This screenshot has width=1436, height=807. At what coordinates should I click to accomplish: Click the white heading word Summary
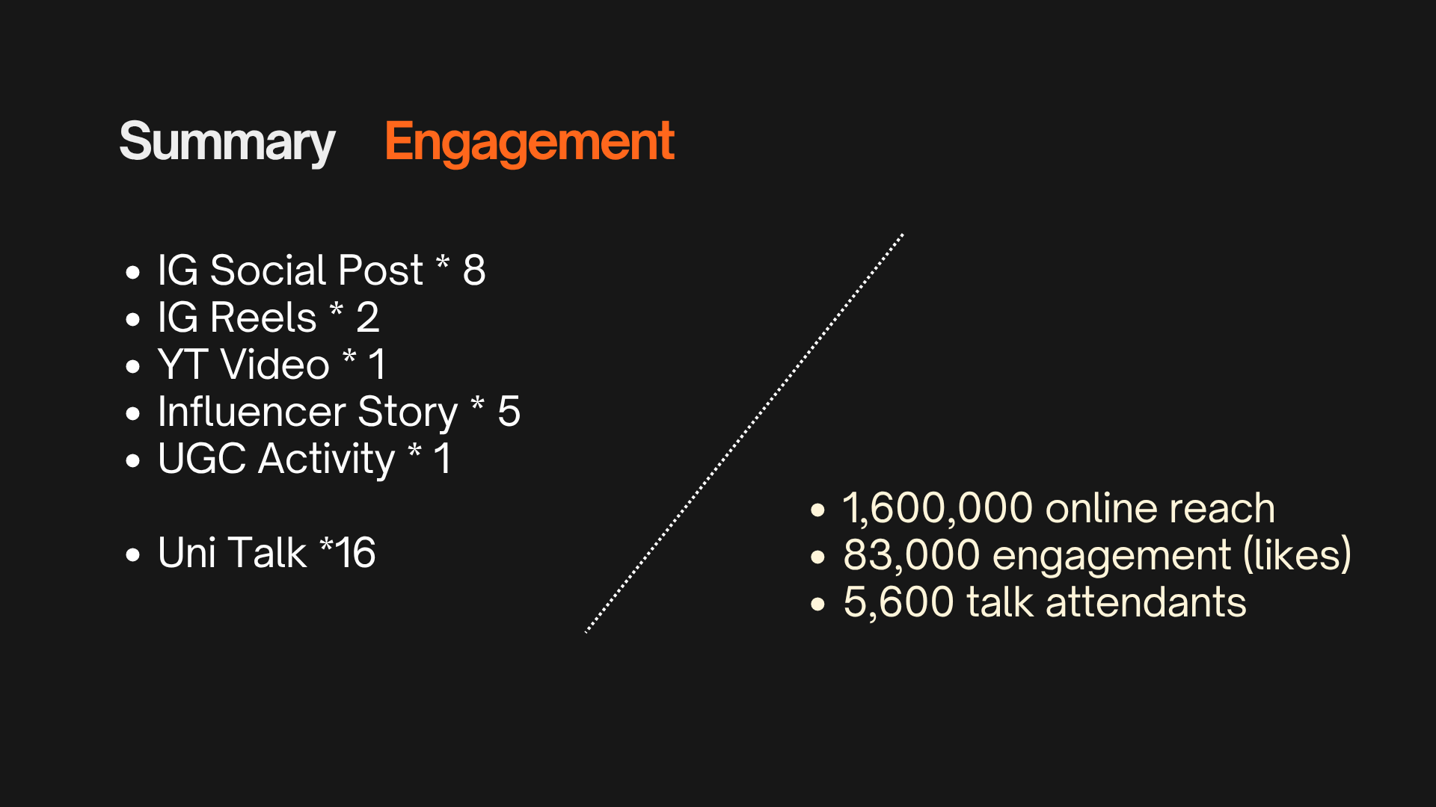(x=227, y=142)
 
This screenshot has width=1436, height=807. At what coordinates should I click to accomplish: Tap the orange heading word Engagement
(x=530, y=142)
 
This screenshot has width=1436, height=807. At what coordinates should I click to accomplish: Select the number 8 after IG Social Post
(x=474, y=270)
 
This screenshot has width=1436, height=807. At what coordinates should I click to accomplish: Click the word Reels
(x=263, y=317)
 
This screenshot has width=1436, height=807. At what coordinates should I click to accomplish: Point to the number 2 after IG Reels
(x=367, y=317)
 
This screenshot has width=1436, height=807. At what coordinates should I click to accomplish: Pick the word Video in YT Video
(x=275, y=365)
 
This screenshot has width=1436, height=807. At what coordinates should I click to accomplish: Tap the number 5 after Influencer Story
(x=509, y=412)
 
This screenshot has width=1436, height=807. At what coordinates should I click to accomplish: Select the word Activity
(x=327, y=459)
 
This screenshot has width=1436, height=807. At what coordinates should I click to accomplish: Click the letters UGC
(x=202, y=459)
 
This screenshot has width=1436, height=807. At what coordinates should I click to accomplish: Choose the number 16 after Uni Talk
(x=355, y=553)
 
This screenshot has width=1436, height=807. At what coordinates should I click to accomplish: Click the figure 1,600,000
(x=938, y=509)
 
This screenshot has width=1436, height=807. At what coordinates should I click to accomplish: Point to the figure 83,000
(x=912, y=555)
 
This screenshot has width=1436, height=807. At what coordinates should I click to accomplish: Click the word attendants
(x=1146, y=602)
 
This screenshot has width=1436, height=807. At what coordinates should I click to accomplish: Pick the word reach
(x=1222, y=509)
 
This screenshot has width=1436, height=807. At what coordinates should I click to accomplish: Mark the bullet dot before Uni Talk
(x=133, y=554)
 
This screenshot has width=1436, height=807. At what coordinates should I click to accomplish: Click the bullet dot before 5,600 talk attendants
(x=817, y=604)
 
